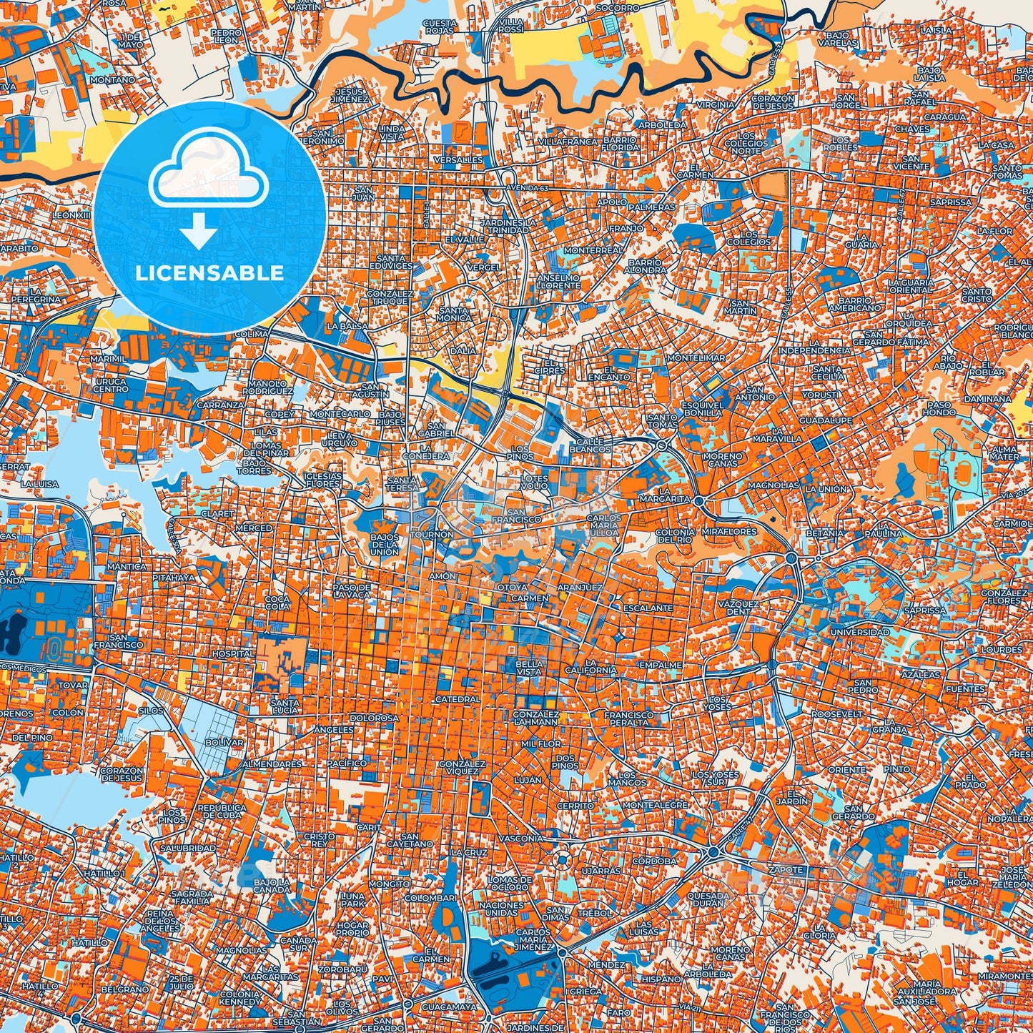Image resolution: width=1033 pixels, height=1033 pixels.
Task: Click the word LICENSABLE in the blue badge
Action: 209,273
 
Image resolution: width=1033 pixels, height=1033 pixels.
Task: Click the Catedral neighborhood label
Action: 458,698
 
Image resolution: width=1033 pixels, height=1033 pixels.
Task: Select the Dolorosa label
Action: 374,718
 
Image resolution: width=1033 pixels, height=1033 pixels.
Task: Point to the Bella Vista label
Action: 529,668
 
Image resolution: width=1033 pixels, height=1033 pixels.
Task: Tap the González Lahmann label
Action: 535,718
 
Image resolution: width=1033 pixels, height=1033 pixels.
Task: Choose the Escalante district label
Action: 648,608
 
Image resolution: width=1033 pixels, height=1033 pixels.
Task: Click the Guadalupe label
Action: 826,420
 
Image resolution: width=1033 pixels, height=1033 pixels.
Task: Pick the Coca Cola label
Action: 277,602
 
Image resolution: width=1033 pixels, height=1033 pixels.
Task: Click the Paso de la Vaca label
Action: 352,590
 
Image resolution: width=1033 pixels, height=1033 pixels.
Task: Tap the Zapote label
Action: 786,869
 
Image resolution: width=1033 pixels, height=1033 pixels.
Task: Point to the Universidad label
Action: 860,632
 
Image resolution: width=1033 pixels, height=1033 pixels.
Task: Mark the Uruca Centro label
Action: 111,385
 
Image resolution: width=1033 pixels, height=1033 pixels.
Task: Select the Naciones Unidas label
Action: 501,909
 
